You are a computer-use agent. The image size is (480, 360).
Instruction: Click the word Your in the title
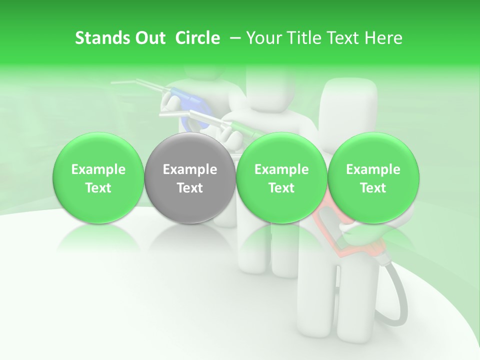[x=262, y=38]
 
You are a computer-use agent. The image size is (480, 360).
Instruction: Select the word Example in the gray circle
[x=190, y=169]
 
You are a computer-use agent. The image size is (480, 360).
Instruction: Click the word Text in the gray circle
[x=190, y=188]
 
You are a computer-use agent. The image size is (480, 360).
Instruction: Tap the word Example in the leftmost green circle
[x=98, y=169]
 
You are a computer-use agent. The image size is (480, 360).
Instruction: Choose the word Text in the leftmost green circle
[x=98, y=188]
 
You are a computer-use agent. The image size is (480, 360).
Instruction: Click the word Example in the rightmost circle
[x=373, y=169]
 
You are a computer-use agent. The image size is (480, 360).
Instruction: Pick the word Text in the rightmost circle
[x=373, y=188]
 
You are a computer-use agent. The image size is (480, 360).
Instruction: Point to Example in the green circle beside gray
[x=281, y=169]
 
